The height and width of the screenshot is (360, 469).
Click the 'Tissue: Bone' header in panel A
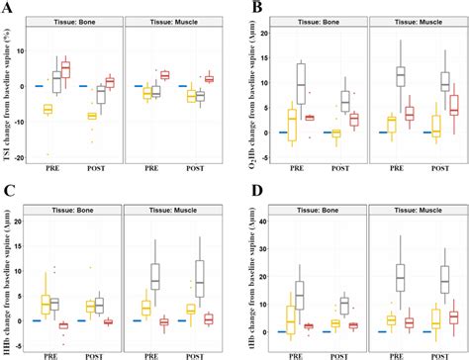point(79,22)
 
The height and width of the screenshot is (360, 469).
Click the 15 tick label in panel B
point(273,54)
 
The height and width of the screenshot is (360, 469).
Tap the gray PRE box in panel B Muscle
point(401,75)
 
